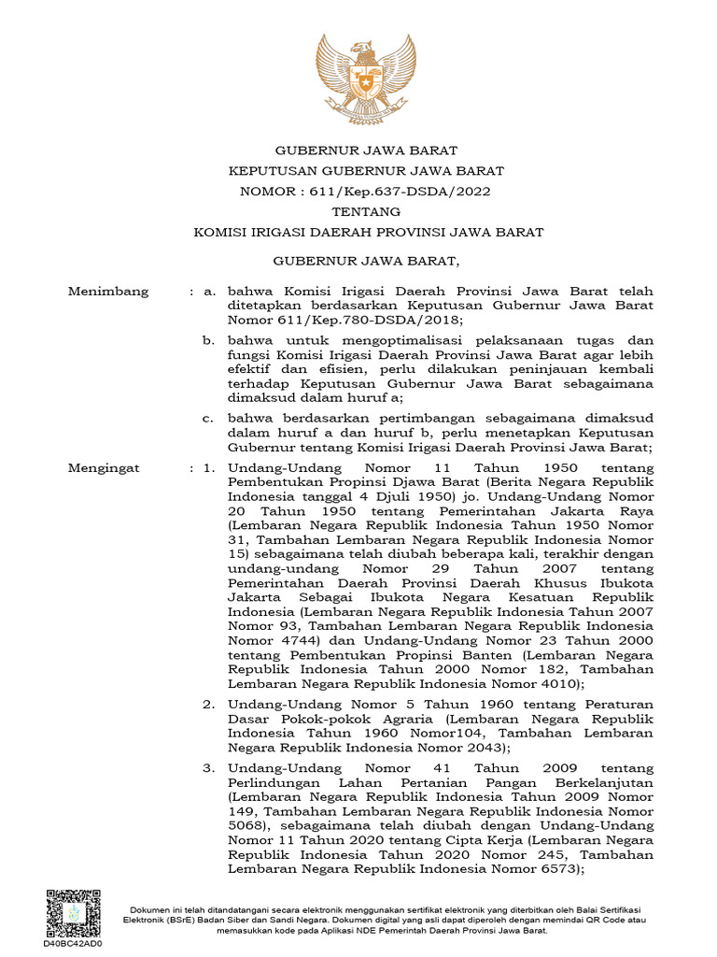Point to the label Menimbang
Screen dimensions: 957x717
pyautogui.click(x=108, y=292)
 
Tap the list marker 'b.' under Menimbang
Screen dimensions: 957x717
pyautogui.click(x=209, y=340)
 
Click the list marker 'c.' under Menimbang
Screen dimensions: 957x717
pyautogui.click(x=209, y=417)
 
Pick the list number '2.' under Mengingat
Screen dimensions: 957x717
pyautogui.click(x=210, y=704)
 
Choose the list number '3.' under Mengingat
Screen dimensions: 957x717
pyautogui.click(x=210, y=766)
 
